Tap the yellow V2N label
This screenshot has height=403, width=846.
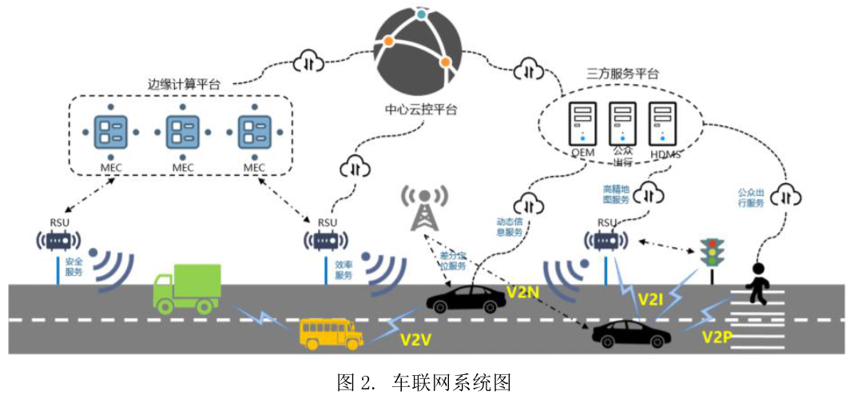click(523, 293)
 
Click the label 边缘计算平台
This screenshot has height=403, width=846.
click(185, 83)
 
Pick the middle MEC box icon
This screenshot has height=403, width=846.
click(183, 131)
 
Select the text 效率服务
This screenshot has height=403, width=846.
click(344, 269)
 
